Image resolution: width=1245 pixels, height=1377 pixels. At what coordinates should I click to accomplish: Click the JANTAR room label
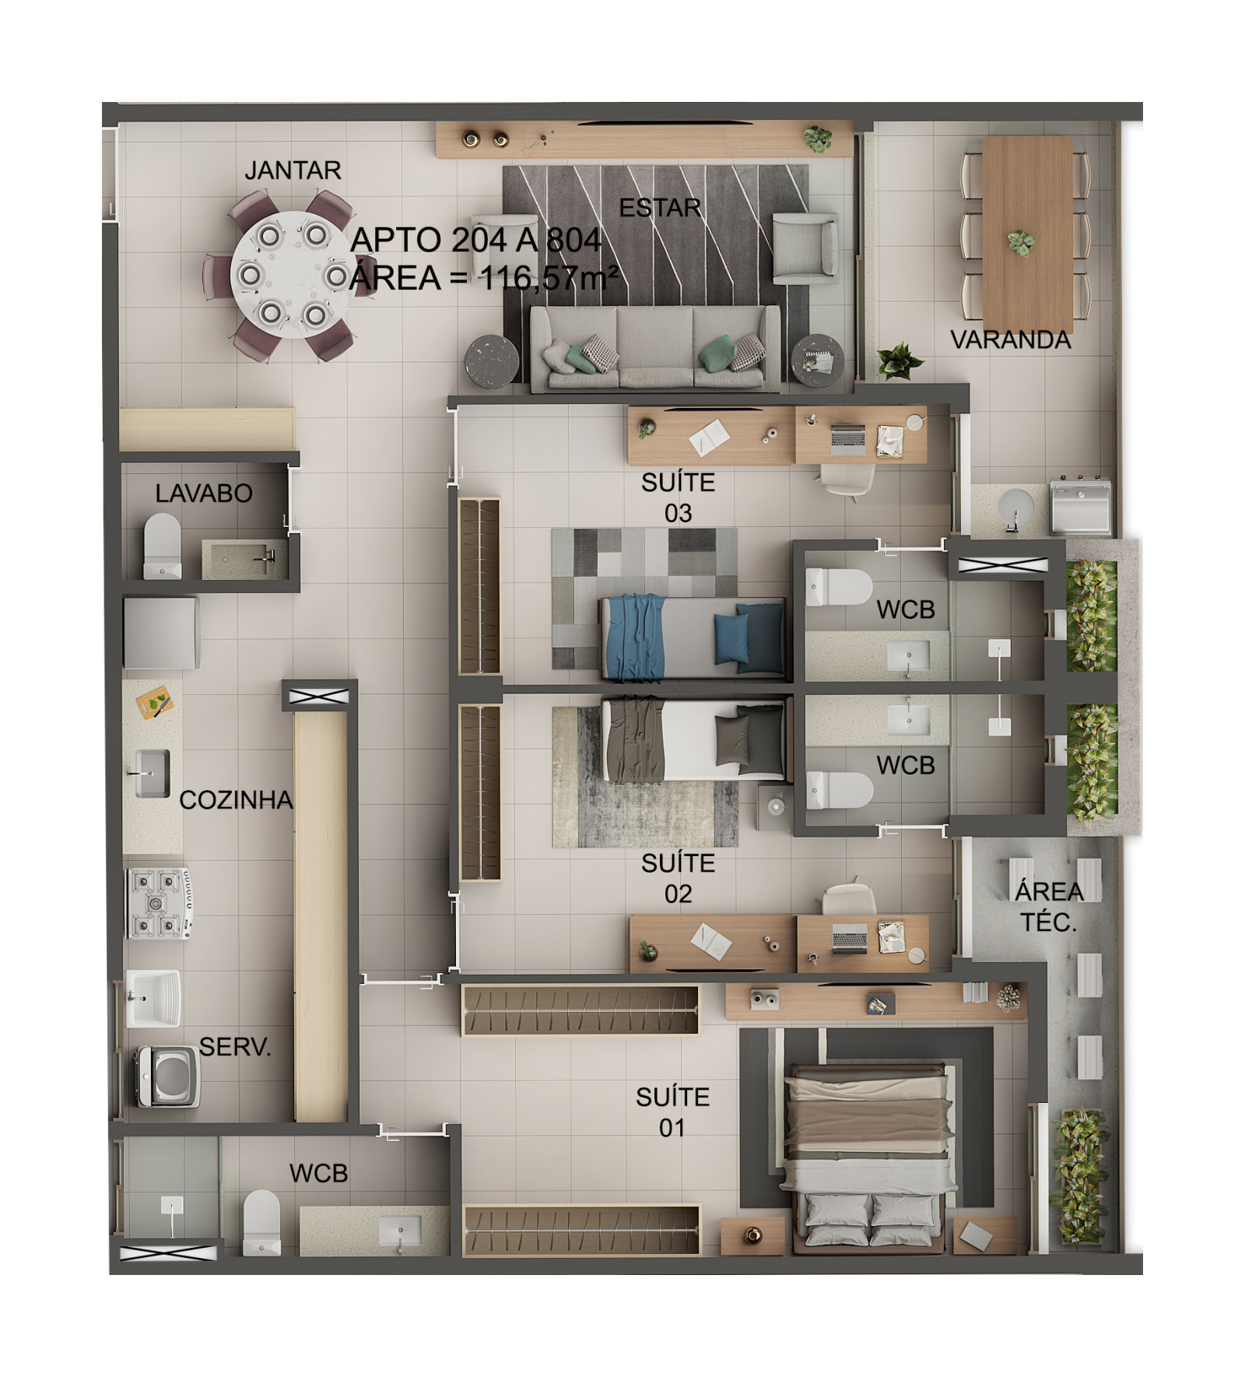(x=293, y=170)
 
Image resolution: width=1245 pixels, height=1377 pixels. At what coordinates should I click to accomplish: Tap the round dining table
(x=292, y=275)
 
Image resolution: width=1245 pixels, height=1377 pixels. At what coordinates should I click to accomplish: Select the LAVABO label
(x=204, y=493)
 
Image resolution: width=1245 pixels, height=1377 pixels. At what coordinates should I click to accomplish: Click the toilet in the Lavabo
(x=162, y=545)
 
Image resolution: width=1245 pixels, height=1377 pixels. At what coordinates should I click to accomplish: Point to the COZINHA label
(x=236, y=799)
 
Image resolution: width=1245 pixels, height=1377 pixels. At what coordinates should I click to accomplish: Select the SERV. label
(x=235, y=1046)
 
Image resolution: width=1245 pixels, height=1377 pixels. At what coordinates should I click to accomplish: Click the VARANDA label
(x=1010, y=339)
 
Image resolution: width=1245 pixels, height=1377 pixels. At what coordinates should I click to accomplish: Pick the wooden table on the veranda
(x=1027, y=234)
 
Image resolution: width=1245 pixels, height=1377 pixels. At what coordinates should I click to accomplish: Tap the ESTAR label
(x=660, y=208)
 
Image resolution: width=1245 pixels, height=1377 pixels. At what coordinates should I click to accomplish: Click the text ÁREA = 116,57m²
(x=484, y=278)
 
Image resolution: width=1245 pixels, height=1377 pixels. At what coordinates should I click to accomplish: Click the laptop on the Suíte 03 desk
(x=847, y=439)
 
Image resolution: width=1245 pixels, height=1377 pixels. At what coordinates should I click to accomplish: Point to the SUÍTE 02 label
(x=678, y=878)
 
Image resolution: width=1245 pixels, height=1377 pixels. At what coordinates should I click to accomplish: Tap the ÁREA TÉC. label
(x=1049, y=906)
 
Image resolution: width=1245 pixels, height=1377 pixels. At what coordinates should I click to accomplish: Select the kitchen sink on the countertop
(x=152, y=774)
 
